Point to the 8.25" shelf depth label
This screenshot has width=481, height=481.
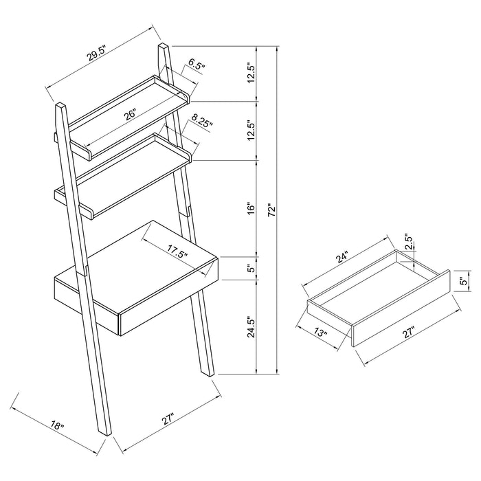point(202,122)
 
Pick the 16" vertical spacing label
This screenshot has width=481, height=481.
point(251,207)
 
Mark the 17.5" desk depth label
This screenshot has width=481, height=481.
point(177,252)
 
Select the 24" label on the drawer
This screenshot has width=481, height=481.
point(343,258)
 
